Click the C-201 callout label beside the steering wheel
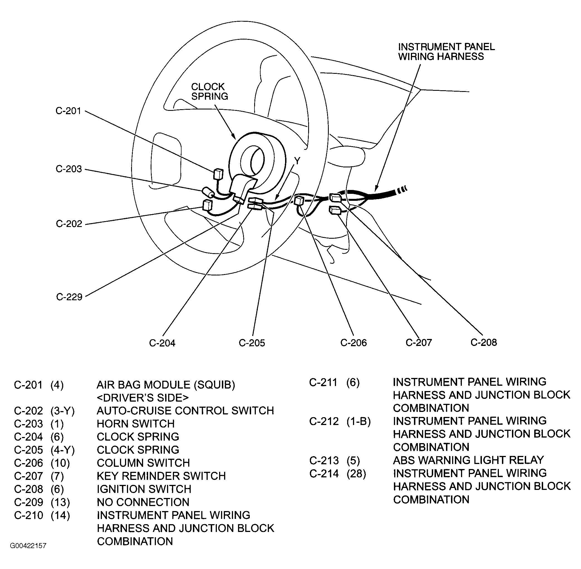point(68,111)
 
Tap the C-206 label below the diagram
point(353,343)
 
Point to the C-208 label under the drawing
point(484,342)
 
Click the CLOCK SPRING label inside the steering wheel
point(209,91)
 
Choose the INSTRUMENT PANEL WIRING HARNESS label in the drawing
point(446,52)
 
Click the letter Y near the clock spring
point(297,161)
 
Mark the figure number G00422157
point(28,546)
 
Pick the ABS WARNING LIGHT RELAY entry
point(468,460)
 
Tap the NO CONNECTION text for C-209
point(143,502)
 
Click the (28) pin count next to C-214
point(356,473)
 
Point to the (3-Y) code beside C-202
point(62,411)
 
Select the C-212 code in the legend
point(324,421)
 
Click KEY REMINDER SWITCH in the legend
point(161,476)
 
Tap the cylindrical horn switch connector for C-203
point(208,192)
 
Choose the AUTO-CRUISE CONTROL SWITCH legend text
point(185,411)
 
